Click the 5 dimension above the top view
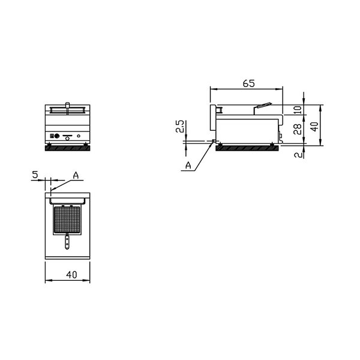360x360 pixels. coord(35,175)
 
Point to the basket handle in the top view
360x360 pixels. coord(67,243)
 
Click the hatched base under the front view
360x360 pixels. coord(68,148)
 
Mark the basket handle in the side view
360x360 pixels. coord(263,107)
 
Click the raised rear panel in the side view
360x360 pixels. coord(212,116)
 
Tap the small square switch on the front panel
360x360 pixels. coord(52,135)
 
